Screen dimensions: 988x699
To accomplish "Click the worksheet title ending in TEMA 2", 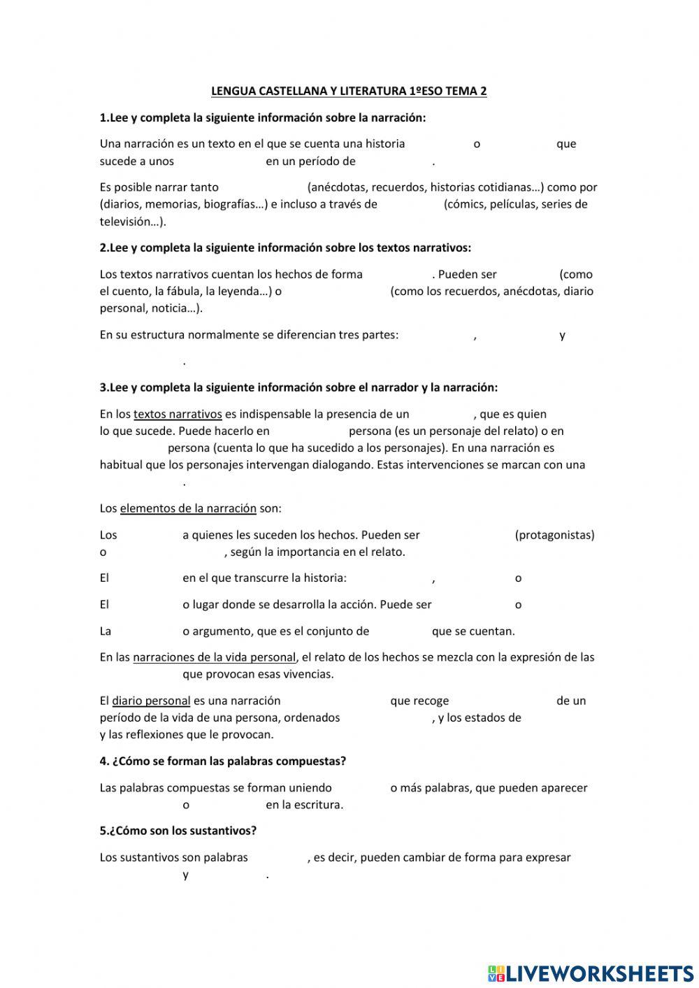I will [x=349, y=91].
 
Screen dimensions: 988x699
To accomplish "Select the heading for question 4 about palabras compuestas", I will [x=223, y=761].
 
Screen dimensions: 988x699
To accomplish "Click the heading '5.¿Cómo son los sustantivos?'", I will [x=178, y=831].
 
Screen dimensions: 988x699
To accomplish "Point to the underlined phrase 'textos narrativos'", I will [x=178, y=414].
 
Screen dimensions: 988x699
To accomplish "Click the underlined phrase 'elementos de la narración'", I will [x=188, y=508].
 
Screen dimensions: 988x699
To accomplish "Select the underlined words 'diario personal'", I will [x=151, y=701].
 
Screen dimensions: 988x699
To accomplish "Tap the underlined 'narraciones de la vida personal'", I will [x=215, y=657].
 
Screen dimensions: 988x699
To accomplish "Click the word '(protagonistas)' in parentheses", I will [x=554, y=535].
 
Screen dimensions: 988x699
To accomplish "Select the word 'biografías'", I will [x=227, y=204].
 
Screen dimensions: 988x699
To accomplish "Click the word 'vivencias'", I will [x=307, y=674].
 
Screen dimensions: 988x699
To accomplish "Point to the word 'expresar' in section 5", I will [x=549, y=857].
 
